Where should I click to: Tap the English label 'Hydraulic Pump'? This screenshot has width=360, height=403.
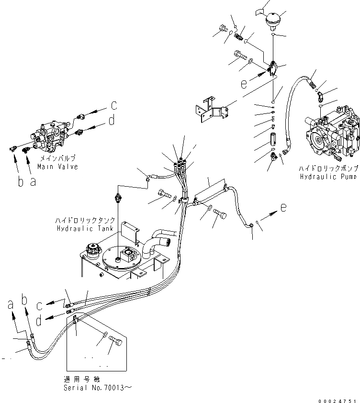coord(328,177)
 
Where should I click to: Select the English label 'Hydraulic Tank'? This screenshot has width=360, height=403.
coord(85,228)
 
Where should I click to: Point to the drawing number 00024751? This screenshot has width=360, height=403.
coord(337,400)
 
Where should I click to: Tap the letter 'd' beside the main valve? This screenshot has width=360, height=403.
coord(112,121)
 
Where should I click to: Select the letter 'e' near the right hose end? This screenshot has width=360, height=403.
coord(284,207)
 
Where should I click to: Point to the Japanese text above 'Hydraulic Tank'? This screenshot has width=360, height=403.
coord(85,220)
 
